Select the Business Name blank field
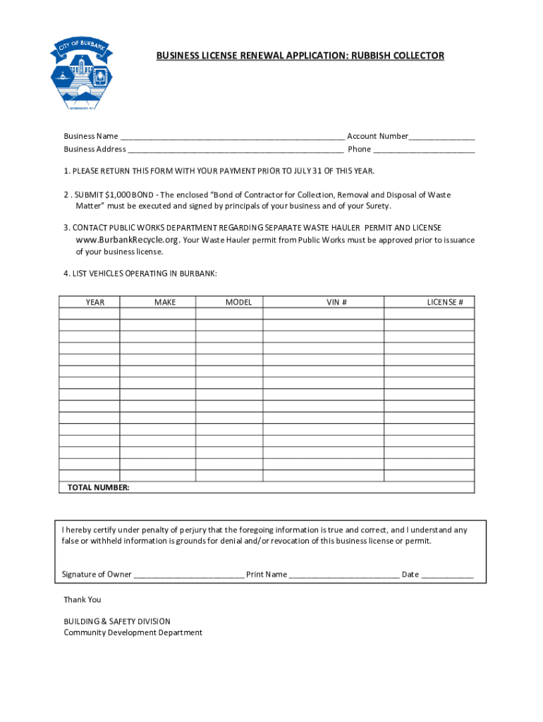tap(232, 137)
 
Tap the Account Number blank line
tap(441, 137)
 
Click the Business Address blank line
tap(236, 149)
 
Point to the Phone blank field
tap(424, 149)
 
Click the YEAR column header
tap(95, 302)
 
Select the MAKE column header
tap(165, 302)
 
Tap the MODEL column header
tap(238, 302)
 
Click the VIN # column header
tap(336, 302)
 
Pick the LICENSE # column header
tap(445, 302)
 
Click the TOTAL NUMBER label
tap(98, 488)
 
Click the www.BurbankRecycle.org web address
tap(128, 240)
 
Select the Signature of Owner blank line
tap(189, 575)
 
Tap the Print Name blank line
tap(344, 575)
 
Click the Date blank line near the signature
tap(447, 575)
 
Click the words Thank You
tap(83, 600)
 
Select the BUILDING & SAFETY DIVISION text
tap(117, 622)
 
